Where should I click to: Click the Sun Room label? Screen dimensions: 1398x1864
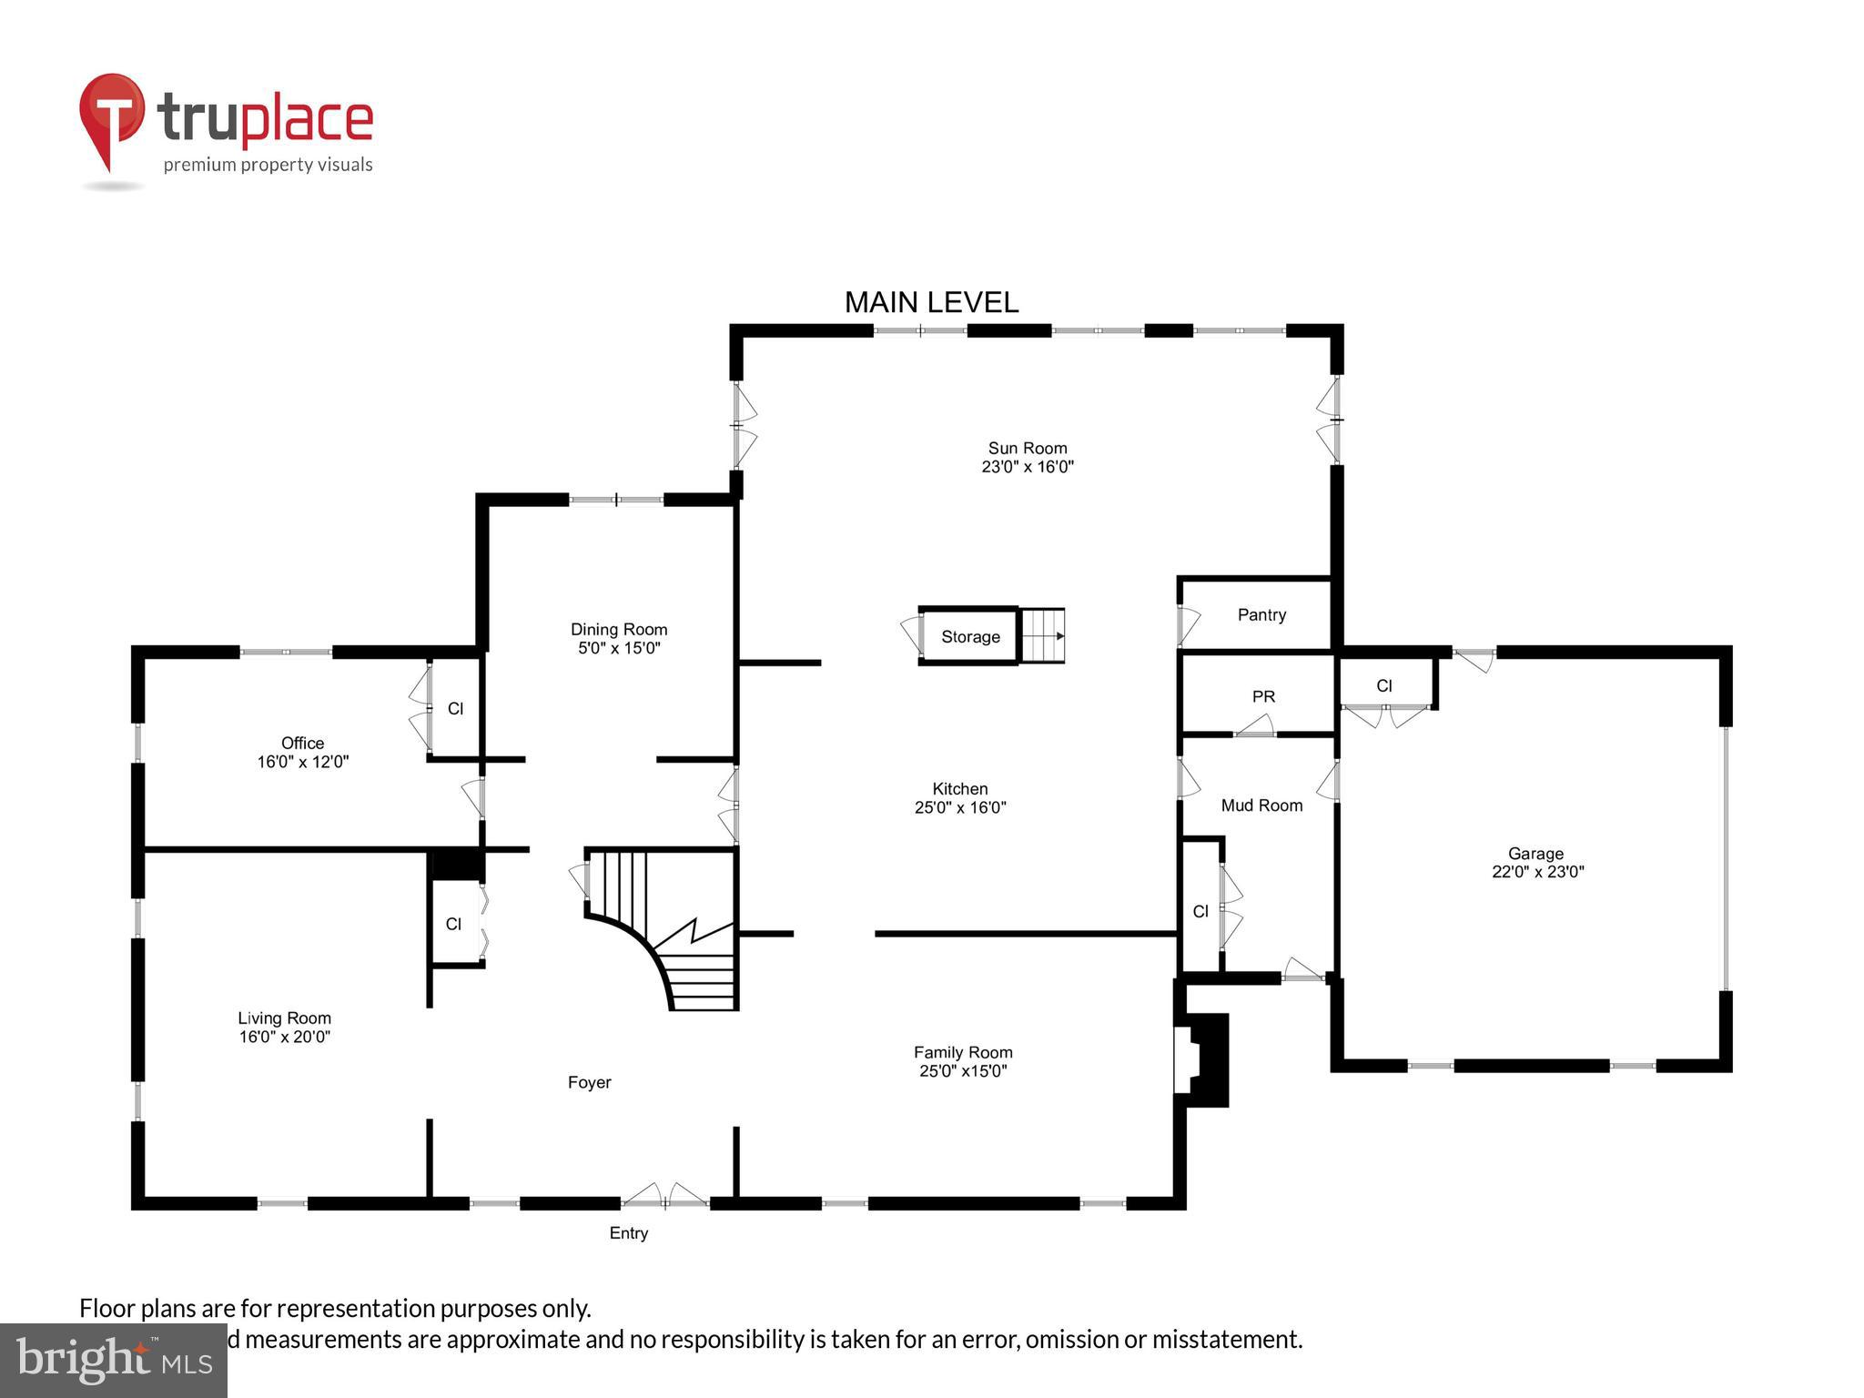coord(1027,448)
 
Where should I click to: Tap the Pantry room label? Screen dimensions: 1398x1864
coord(1261,615)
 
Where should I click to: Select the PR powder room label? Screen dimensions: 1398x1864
coord(1263,697)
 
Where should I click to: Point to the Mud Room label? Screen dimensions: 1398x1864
coord(1261,805)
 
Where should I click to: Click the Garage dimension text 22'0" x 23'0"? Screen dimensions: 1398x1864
coord(1537,872)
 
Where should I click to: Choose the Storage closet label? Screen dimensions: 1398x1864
coord(970,637)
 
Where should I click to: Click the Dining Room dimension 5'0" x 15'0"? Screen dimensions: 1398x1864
coord(619,649)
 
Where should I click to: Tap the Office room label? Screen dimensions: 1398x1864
coord(302,743)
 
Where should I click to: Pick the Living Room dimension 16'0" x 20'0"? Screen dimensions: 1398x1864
coord(284,1037)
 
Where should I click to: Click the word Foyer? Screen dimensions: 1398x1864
coord(589,1082)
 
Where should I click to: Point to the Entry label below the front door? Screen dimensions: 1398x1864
coord(628,1233)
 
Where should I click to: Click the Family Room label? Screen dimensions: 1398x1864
coord(963,1052)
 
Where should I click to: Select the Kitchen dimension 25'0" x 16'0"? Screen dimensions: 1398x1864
coord(960,807)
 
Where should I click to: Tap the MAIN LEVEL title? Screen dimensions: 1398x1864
coord(931,302)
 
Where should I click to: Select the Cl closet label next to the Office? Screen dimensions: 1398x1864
coord(455,708)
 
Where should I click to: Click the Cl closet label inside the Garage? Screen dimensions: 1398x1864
coord(1383,686)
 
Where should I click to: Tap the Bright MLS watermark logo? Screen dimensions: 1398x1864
coord(114,1359)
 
